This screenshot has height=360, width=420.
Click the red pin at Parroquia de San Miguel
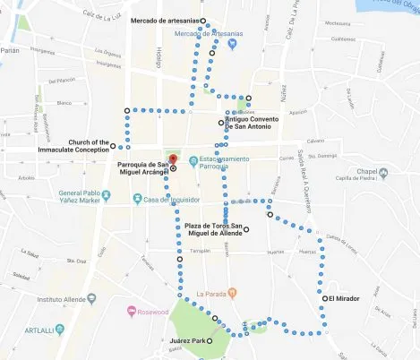[x=172, y=159]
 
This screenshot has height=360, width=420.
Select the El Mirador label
[x=343, y=298]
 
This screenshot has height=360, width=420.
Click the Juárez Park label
[x=185, y=341]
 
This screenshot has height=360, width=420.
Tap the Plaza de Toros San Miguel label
[x=211, y=229]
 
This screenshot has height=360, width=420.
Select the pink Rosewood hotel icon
[x=131, y=312]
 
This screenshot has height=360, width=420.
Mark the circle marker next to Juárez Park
[x=210, y=341]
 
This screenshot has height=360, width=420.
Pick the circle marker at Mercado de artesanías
[x=203, y=20]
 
